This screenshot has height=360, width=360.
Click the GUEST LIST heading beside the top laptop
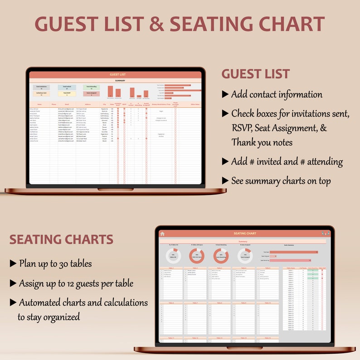coord(255,74)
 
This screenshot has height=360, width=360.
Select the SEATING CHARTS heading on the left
coord(61,239)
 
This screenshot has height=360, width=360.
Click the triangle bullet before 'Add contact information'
coord(225,94)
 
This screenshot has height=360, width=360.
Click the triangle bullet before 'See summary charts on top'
coord(225,180)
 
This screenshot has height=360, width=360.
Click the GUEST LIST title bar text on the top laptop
coord(117,74)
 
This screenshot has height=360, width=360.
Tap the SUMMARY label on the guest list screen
coord(120,81)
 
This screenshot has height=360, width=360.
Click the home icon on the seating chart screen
coord(162,234)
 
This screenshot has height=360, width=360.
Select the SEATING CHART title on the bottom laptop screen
coord(245,234)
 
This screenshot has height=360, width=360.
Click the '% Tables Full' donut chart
coord(173,255)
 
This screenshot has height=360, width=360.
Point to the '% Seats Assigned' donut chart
coord(245,255)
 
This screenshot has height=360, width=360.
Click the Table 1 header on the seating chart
coord(171,268)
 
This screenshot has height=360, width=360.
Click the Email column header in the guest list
coord(67,104)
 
